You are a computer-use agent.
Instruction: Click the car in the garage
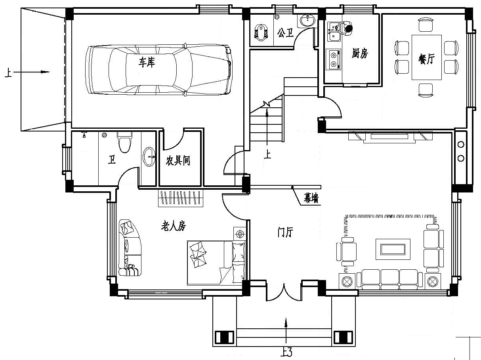click(159, 70)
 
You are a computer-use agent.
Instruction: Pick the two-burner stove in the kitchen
click(334, 59)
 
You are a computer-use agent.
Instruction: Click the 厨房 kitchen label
click(360, 53)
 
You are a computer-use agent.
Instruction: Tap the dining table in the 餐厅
click(427, 57)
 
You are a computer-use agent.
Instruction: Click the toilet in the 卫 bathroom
click(124, 142)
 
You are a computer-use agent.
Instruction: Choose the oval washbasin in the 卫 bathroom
click(149, 157)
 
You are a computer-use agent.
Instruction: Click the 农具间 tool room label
click(178, 160)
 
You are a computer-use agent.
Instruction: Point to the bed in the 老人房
click(216, 263)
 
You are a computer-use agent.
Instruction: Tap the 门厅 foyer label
click(285, 232)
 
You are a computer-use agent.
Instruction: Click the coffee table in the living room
click(393, 249)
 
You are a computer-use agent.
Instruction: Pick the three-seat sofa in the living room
click(389, 280)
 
